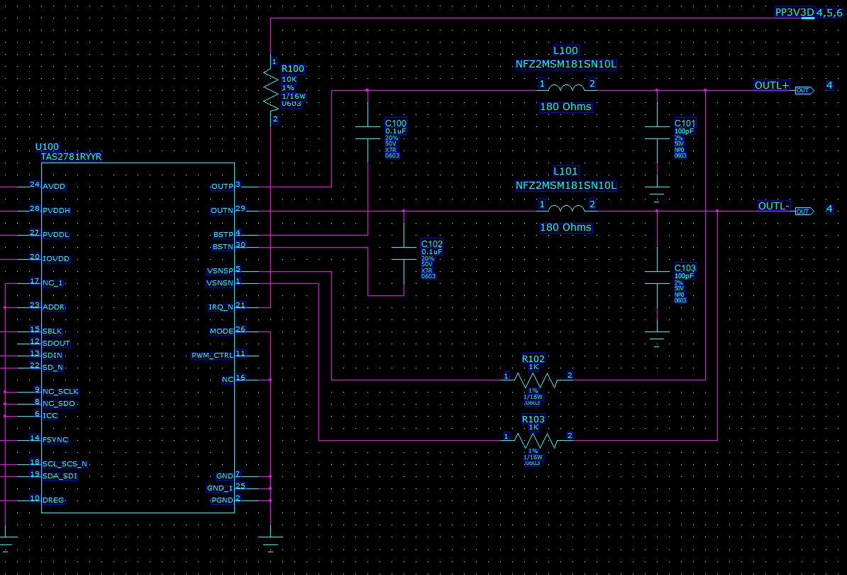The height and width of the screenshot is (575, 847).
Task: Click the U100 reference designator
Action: pos(47,147)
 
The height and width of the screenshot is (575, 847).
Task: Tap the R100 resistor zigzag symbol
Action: pos(271,89)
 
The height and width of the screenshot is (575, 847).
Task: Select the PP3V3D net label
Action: pos(794,12)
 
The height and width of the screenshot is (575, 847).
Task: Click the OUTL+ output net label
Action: pos(771,86)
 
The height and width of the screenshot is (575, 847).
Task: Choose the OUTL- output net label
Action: pos(773,206)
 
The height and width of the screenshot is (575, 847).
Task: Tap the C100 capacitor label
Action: pos(395,124)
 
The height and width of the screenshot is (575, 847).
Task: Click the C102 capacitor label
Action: pos(431,243)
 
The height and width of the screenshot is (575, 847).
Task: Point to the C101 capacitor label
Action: pos(685,124)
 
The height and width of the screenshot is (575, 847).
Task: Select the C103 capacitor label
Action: pos(685,268)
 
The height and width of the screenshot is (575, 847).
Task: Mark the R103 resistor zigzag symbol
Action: pos(536,440)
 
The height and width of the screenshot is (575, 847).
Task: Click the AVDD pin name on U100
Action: pos(54,187)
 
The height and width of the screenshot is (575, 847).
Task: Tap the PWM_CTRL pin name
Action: pos(212,355)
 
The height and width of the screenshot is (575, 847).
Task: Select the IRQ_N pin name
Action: pos(221,307)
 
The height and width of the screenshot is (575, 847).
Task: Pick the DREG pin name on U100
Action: pos(53,500)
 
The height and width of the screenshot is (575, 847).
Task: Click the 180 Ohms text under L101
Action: pos(565,228)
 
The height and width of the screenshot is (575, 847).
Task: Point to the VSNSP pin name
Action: pos(220,271)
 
